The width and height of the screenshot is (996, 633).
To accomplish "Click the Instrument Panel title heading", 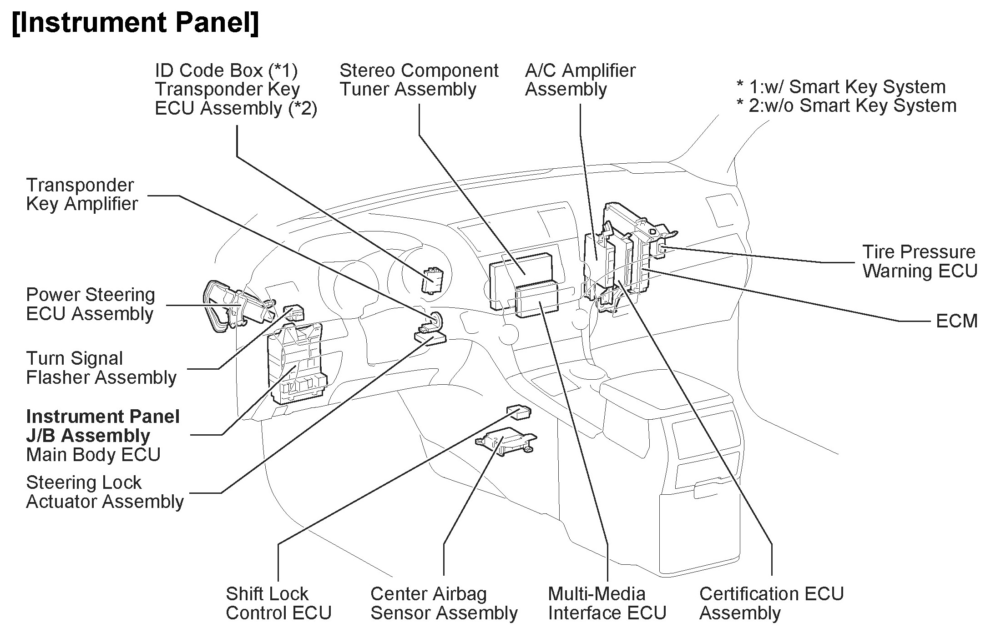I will pos(135,23).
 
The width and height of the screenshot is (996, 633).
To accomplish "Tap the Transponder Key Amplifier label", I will pos(82,194).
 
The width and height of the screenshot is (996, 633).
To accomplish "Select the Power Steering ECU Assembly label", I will pos(90,304).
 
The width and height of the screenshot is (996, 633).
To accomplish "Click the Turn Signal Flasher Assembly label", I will pos(101,368).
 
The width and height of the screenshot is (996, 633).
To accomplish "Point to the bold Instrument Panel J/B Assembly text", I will pos(102,426).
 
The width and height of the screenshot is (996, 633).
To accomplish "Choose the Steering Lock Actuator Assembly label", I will pos(105,492).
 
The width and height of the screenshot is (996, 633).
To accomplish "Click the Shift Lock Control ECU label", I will pos(278,603).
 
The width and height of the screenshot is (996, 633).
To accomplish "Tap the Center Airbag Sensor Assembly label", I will pos(444,603).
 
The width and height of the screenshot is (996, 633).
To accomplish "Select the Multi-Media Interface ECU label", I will pos(607,603).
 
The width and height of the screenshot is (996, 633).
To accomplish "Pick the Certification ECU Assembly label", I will pos(771,603).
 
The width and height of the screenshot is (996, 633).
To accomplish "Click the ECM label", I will pos(956,321).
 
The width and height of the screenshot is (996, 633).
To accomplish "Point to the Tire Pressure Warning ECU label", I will pos(920,261).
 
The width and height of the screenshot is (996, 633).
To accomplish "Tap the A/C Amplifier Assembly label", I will pos(580,80).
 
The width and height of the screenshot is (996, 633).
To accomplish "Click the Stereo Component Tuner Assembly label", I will pos(419,80).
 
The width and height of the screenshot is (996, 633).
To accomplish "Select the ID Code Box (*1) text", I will pos(226,70).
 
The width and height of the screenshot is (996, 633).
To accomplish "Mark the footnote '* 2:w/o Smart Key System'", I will pos(846,105).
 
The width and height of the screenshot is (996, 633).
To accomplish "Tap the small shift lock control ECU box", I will pos(519,411).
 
